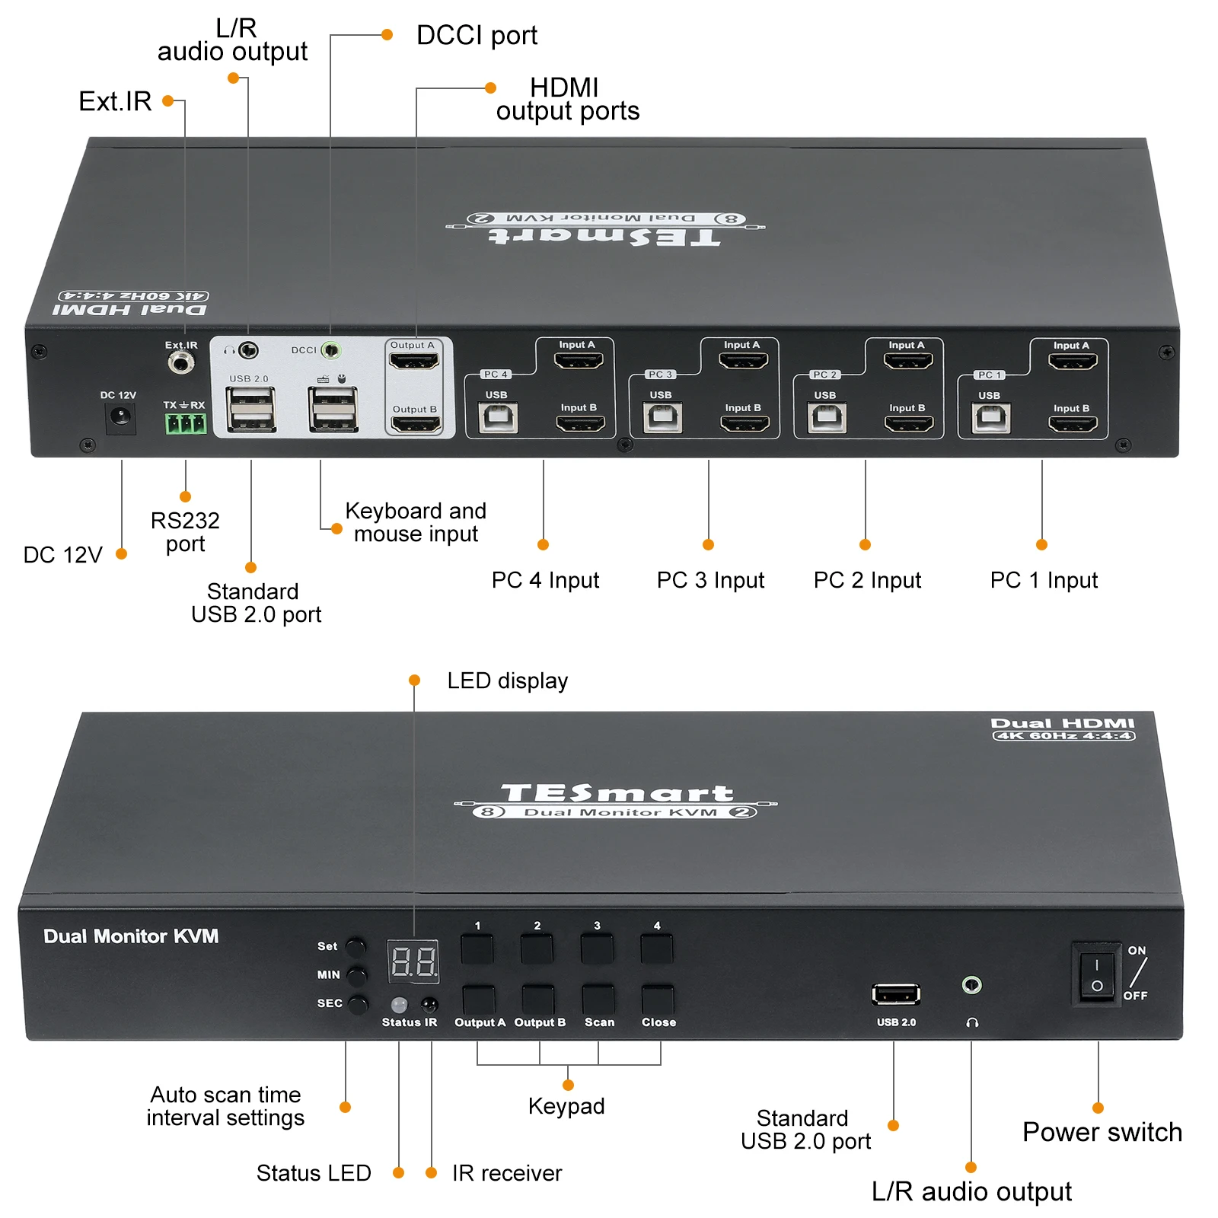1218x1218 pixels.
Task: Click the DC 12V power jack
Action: click(120, 417)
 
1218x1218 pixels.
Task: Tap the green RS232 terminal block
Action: click(186, 423)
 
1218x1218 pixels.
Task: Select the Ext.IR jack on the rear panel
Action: click(181, 362)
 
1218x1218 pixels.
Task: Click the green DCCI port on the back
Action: click(331, 350)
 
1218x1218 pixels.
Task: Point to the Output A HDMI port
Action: click(414, 361)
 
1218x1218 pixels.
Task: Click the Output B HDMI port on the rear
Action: click(416, 424)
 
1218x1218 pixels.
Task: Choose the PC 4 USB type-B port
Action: click(498, 418)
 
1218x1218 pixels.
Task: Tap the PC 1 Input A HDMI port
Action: click(1073, 361)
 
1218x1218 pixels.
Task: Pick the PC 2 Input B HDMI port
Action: click(909, 423)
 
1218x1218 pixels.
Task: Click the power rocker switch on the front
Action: click(1096, 975)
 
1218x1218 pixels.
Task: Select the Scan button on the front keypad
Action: click(598, 1000)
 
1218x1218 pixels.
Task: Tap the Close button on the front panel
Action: click(658, 1000)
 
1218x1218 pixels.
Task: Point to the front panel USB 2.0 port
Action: click(896, 993)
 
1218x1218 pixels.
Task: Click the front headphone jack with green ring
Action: click(971, 985)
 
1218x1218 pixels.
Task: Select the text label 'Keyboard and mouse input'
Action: click(416, 522)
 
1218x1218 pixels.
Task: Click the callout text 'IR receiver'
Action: click(507, 1173)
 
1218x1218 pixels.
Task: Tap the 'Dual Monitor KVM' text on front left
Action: click(131, 936)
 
